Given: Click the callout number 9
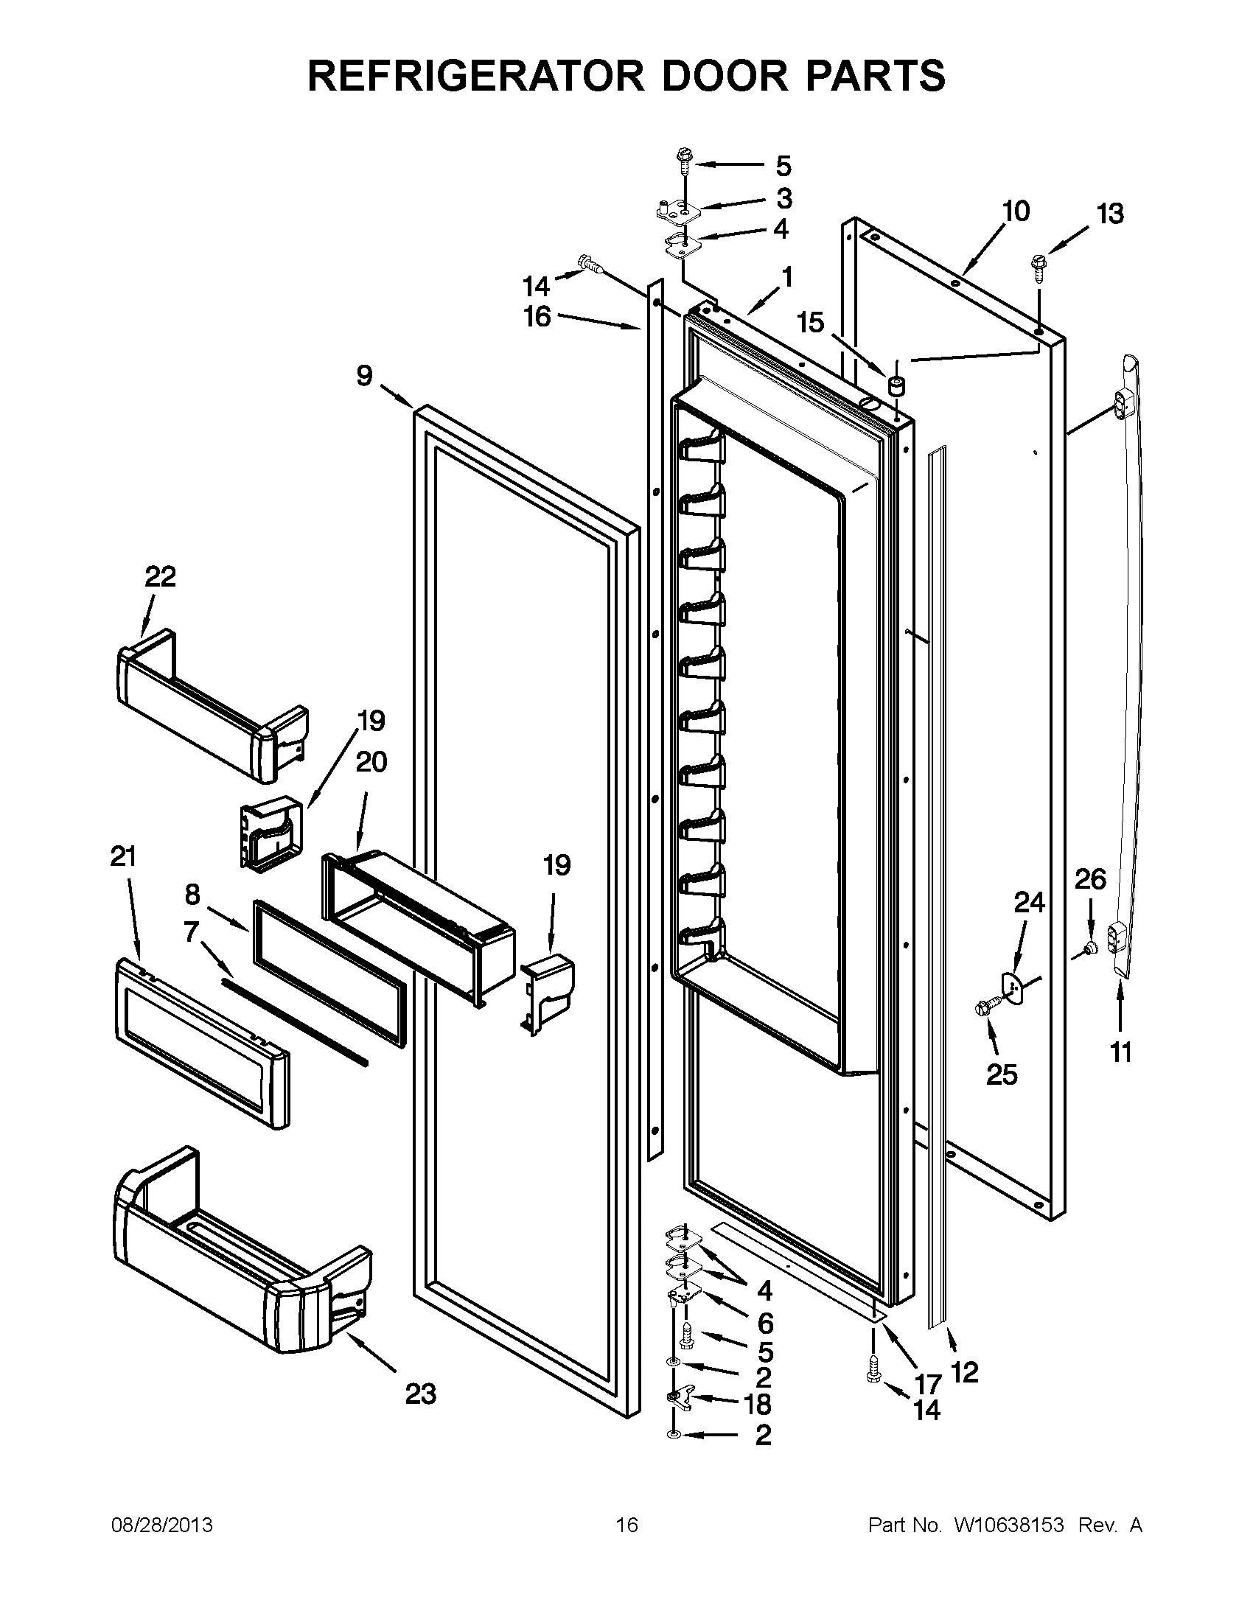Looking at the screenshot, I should (x=364, y=377).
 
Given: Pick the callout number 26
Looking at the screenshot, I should (x=1090, y=879).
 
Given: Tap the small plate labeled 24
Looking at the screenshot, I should (x=1016, y=983).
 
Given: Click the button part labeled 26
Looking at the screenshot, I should (x=1089, y=947).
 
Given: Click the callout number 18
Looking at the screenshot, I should (x=758, y=1405).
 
